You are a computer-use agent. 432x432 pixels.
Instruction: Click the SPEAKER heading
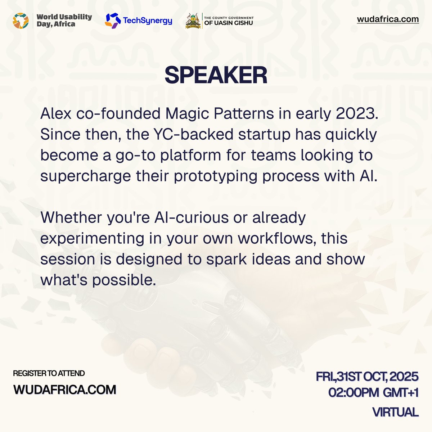click(216, 75)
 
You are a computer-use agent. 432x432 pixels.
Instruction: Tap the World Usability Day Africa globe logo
click(21, 21)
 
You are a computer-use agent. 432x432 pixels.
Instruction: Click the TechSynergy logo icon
click(112, 21)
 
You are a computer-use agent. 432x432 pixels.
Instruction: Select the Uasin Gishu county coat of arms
click(193, 21)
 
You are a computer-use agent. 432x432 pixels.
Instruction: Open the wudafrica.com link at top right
click(388, 19)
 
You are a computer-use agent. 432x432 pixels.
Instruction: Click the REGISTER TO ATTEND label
click(49, 373)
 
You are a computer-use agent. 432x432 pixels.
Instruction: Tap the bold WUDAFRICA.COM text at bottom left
click(65, 390)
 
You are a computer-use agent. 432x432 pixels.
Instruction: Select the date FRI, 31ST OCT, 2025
click(367, 377)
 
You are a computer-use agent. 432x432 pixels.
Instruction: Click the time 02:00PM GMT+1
click(373, 393)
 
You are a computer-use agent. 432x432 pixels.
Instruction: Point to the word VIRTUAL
click(395, 412)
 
